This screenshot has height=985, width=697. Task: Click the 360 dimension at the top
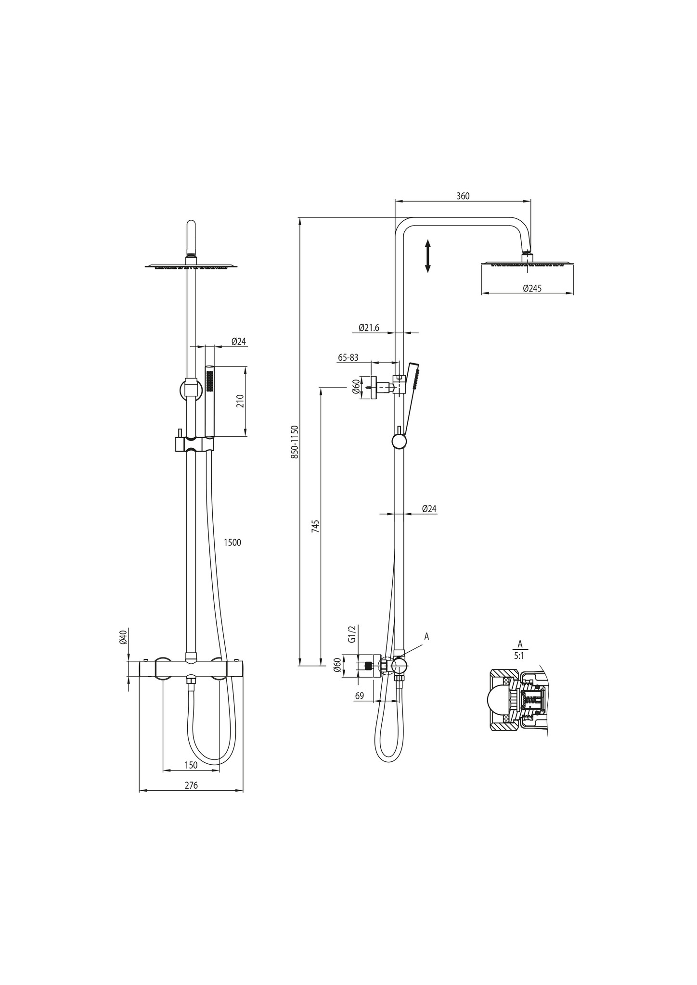point(463,196)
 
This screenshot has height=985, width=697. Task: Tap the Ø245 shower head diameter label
point(532,289)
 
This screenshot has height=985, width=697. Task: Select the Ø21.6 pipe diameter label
point(369,328)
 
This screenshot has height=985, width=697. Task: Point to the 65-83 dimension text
point(348,358)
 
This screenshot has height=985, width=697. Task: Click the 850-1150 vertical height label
point(295,442)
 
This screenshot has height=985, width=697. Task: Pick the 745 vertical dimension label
point(315,526)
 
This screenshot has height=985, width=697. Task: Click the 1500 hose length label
point(232,543)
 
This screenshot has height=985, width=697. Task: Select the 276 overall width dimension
point(191,785)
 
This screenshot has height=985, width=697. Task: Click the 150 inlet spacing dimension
point(191,765)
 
